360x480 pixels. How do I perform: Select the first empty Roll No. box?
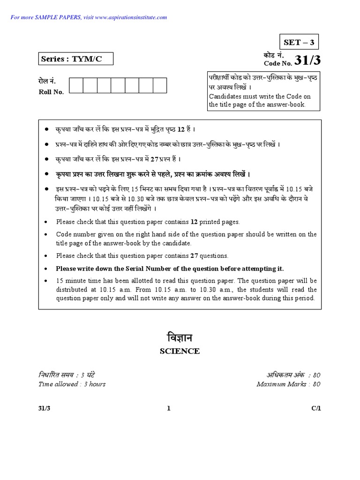75,86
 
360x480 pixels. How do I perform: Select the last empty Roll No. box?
160,86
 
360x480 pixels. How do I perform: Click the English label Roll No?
51,92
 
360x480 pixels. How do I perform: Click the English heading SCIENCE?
180,351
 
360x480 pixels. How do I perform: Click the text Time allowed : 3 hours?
72,384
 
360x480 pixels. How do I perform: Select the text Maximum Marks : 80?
288,384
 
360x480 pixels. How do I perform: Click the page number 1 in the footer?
169,408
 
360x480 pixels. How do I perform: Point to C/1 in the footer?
317,408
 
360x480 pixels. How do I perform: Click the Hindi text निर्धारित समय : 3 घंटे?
67,375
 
